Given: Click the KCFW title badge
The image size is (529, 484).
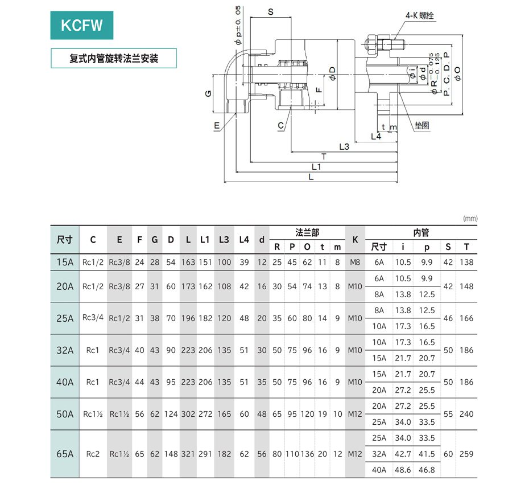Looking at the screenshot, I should (x=82, y=26).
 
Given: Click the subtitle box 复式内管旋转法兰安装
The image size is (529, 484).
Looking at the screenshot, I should (x=114, y=59).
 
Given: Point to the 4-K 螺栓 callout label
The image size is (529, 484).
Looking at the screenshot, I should (x=419, y=16).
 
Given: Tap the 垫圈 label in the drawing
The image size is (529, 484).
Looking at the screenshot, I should (x=421, y=125).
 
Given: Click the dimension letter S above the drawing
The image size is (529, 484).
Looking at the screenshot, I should (x=270, y=11).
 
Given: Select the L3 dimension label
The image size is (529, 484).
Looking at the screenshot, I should (x=344, y=146).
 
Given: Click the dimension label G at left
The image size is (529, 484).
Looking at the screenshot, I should (x=208, y=93).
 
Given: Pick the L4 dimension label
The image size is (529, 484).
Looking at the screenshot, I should (x=376, y=136).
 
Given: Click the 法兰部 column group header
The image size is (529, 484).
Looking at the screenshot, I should (x=307, y=232).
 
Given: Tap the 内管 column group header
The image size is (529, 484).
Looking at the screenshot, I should (x=421, y=232).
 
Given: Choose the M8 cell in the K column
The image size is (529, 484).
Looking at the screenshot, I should (x=355, y=262).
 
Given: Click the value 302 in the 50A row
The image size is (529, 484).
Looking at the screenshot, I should (x=188, y=414).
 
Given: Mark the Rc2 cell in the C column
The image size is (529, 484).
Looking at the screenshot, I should (x=93, y=454).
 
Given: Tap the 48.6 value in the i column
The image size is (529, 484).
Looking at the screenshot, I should (x=403, y=470).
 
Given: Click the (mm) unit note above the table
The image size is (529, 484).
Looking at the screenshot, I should (x=470, y=218).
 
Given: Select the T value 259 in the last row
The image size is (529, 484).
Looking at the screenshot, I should (x=466, y=454).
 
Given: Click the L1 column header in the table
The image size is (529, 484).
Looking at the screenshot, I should (x=205, y=240).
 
